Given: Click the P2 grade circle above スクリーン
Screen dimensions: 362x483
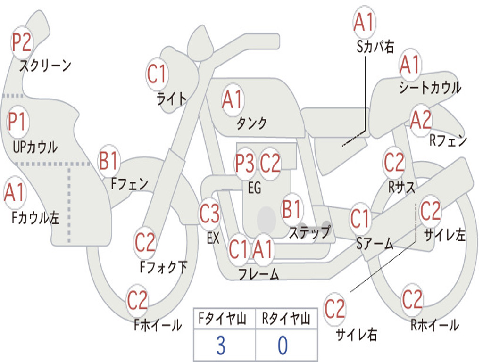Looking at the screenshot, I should [x=22, y=43].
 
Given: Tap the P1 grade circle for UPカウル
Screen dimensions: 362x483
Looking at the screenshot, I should [x=17, y=122].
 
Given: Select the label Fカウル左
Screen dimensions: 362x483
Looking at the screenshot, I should [x=36, y=217].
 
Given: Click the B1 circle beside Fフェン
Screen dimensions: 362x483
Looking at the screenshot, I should [x=109, y=161].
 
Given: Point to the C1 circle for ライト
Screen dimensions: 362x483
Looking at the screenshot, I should [x=158, y=74].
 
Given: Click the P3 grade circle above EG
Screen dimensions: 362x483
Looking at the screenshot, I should [x=245, y=164].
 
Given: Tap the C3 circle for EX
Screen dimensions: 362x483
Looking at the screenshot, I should [x=209, y=214].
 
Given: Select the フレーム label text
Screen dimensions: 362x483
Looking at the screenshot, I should [x=258, y=274].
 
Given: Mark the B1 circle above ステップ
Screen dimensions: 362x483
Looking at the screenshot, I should [x=292, y=209].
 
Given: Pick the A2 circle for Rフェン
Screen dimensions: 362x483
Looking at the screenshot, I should [x=421, y=120].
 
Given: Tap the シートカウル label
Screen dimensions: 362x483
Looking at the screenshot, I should [x=430, y=88].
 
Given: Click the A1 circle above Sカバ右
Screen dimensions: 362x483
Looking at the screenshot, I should [x=364, y=23].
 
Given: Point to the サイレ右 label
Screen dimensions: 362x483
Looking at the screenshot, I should [x=356, y=335].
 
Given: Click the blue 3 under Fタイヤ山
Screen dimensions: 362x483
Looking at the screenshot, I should [x=220, y=346].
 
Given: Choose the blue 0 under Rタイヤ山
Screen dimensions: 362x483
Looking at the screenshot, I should [x=282, y=346].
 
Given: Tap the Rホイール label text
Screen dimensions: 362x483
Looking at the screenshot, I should [x=434, y=325].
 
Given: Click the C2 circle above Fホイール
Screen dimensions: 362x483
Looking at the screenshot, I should [x=138, y=300].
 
